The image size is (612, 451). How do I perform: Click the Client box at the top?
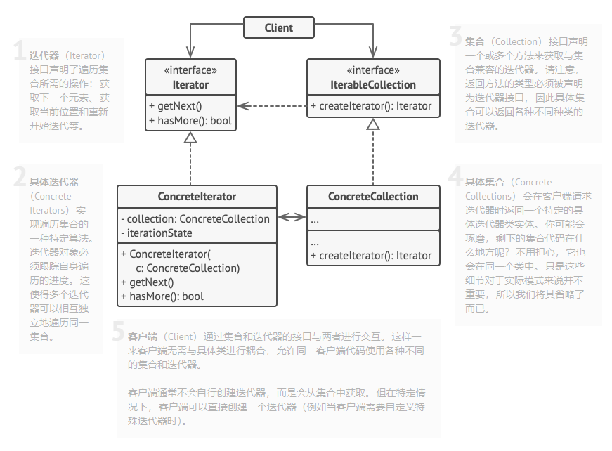tap(278, 28)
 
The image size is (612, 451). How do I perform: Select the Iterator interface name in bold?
tap(190, 84)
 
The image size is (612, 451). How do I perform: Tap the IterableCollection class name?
tap(373, 84)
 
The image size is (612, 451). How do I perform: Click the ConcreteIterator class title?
tap(197, 197)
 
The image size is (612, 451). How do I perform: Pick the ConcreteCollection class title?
tap(373, 197)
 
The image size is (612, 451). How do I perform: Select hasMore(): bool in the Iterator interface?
tap(190, 121)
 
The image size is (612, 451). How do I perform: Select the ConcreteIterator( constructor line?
tap(171, 254)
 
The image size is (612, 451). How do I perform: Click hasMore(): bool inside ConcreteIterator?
tap(167, 296)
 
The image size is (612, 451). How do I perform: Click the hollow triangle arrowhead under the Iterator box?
tap(190, 138)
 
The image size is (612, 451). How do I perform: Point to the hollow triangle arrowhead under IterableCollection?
tap(373, 124)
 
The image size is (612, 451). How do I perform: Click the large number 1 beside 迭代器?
tap(19, 50)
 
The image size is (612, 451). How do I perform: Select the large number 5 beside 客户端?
tap(118, 332)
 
